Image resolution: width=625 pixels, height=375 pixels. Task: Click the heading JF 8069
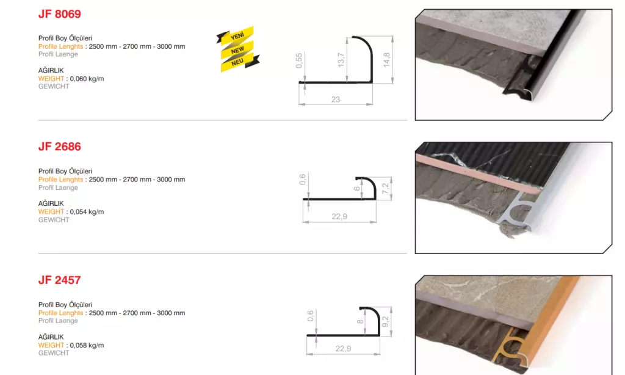[59, 14]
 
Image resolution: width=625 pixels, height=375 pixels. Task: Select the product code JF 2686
[59, 147]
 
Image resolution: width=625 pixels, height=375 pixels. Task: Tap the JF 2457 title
[59, 280]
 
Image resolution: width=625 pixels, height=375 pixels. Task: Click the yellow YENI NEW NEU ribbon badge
[237, 49]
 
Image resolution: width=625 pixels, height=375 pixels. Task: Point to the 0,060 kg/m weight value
[87, 79]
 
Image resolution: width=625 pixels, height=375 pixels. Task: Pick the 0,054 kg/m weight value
[87, 212]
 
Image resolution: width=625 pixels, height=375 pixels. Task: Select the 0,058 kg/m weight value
[87, 345]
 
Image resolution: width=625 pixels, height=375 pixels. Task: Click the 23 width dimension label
[336, 100]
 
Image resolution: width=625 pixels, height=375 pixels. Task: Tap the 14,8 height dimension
[386, 60]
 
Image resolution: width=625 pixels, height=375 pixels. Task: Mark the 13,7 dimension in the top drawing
[341, 60]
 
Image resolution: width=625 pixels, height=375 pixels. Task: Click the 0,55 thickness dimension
[299, 60]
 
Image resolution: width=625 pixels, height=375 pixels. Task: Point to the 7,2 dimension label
[385, 189]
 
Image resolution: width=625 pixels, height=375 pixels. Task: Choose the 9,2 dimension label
[385, 321]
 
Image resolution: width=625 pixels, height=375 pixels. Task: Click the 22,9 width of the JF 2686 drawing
[339, 217]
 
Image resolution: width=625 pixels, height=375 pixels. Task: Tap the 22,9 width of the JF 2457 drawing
[343, 349]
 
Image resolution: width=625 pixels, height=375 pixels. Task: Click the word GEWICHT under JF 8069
[54, 87]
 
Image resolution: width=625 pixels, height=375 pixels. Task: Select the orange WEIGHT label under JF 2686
[51, 212]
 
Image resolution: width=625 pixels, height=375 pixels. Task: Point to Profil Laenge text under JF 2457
[58, 321]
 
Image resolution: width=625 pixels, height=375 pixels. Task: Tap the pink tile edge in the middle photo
[479, 174]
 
